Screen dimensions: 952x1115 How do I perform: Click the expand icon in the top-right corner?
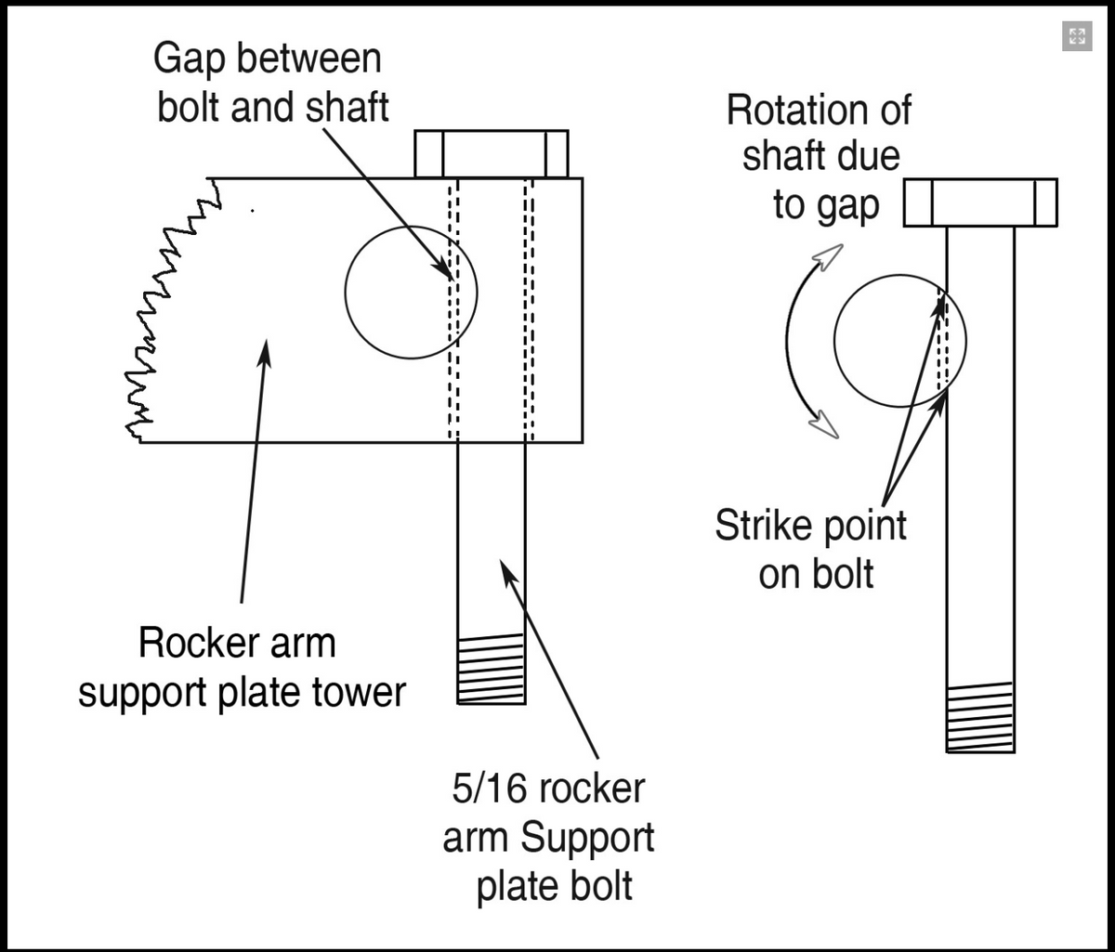click(1077, 36)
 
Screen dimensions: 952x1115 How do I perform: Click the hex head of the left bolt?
click(491, 154)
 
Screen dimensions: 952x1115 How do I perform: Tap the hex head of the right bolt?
click(980, 202)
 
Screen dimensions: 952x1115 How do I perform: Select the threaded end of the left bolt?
click(491, 670)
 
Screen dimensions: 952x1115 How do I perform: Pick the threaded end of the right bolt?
click(980, 717)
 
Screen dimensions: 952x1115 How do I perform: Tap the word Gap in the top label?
click(190, 59)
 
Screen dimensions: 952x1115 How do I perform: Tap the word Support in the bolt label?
click(587, 838)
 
